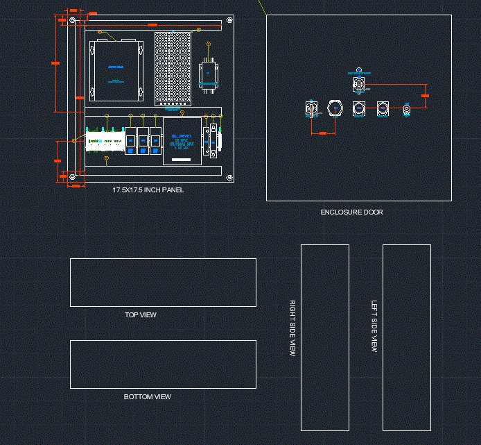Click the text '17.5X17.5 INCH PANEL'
pyautogui.click(x=148, y=190)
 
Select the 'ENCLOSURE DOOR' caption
pyautogui.click(x=351, y=212)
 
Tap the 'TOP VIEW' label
pyautogui.click(x=141, y=315)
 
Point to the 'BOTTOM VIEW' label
pyautogui.click(x=148, y=397)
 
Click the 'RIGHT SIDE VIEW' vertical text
pyautogui.click(x=292, y=328)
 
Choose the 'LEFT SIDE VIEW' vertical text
pyautogui.click(x=374, y=327)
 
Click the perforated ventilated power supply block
pyautogui.click(x=173, y=68)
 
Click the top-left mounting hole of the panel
pyautogui.click(x=72, y=22)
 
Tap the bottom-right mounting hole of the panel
pyautogui.click(x=229, y=177)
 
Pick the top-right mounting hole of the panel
pyautogui.click(x=229, y=22)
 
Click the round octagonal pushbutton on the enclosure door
pyautogui.click(x=335, y=108)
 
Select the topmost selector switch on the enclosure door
pyautogui.click(x=358, y=84)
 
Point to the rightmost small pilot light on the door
pyautogui.click(x=407, y=109)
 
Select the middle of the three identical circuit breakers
pyautogui.click(x=143, y=141)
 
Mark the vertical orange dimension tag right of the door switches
pyautogui.click(x=425, y=96)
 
